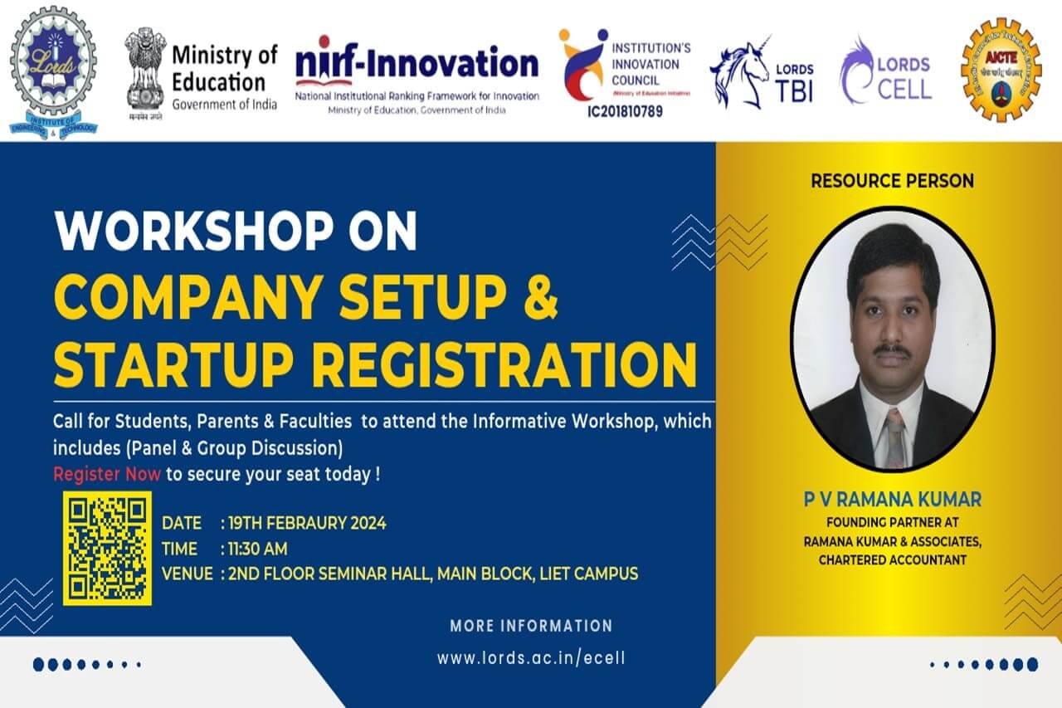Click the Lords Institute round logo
[x=53, y=71]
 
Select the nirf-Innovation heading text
[x=417, y=62]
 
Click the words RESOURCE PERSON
[x=892, y=180]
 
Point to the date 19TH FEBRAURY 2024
[x=307, y=523]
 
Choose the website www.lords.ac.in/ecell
[x=531, y=657]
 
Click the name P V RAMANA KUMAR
[x=892, y=500]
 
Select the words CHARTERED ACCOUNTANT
[x=892, y=559]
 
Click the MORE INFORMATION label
[x=531, y=626]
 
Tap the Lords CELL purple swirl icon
[x=858, y=70]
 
